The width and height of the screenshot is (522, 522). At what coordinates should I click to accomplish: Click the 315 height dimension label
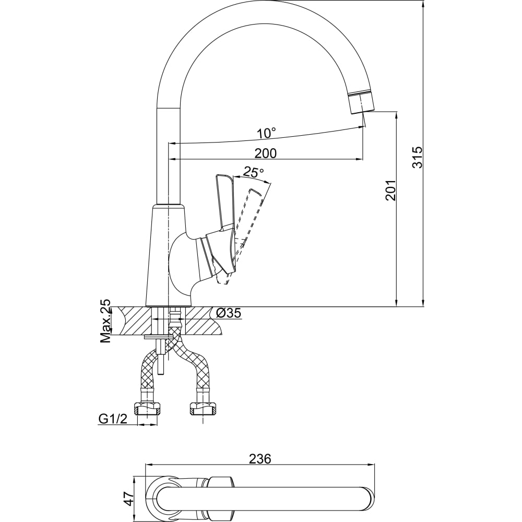[417, 157]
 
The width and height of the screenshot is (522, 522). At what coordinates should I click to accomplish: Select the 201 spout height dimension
[391, 190]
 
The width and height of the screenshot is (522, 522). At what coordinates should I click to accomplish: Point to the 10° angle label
[266, 133]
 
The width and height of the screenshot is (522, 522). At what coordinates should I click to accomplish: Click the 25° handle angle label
[254, 172]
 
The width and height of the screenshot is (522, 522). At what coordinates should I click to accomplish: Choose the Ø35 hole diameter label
[228, 313]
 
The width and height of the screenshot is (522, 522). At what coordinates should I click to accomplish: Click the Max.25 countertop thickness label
[106, 321]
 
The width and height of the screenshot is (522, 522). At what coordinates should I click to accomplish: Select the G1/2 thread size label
[113, 419]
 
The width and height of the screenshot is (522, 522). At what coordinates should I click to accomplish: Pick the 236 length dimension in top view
[260, 459]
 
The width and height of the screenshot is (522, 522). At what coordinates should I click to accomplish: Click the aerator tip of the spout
[360, 102]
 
